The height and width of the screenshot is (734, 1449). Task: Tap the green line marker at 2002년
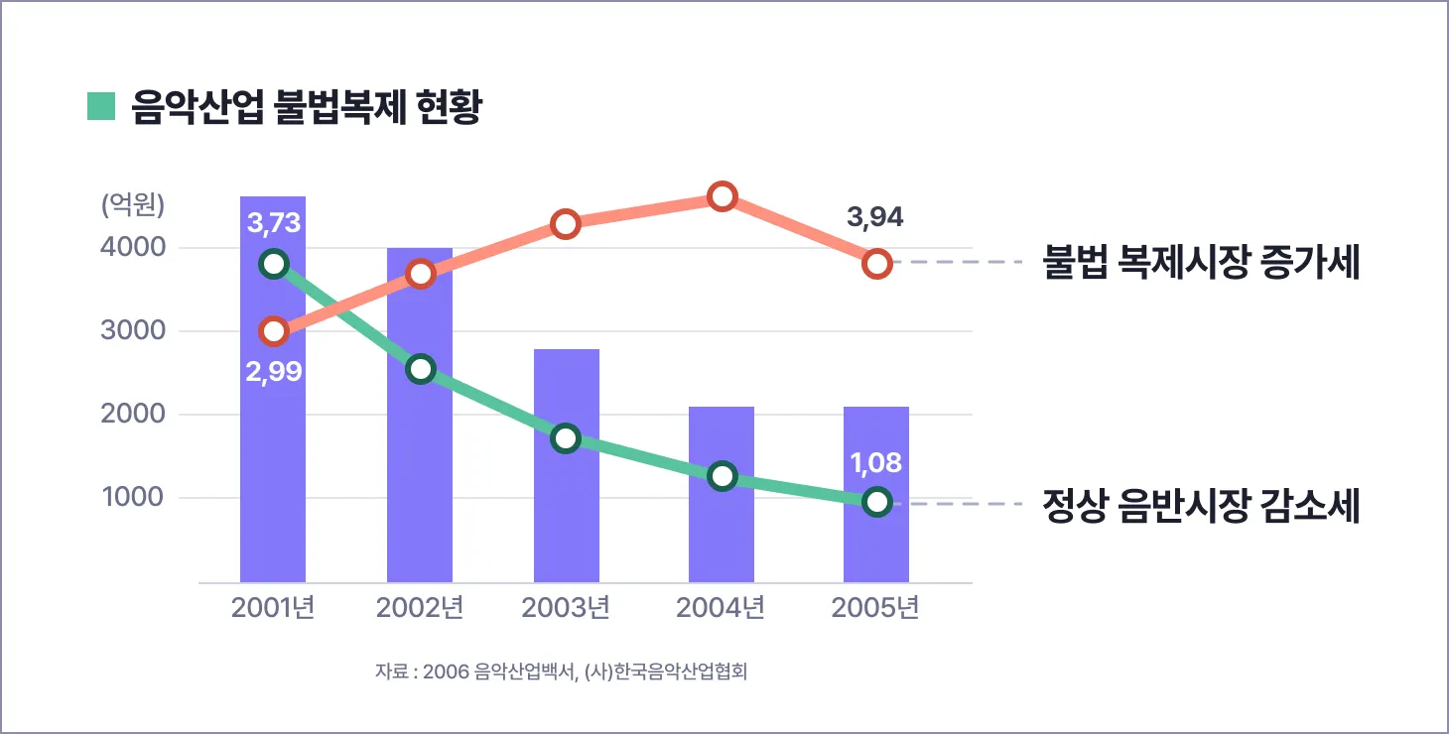[421, 369]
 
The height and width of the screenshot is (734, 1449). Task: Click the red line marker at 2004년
[723, 196]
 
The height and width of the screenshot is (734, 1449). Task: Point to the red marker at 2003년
[566, 224]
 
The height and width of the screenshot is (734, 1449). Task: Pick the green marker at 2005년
[876, 502]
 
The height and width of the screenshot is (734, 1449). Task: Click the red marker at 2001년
[274, 331]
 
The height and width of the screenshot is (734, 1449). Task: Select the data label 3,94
[875, 217]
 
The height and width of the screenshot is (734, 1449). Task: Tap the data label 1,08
[875, 463]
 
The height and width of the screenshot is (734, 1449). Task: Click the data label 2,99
[273, 372]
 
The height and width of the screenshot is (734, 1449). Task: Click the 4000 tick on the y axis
[132, 247]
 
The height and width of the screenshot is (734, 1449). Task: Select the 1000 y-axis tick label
[132, 497]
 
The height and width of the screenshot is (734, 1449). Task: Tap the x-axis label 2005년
[874, 607]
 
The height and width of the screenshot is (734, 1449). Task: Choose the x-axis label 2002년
[420, 607]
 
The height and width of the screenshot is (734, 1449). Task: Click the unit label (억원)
[133, 204]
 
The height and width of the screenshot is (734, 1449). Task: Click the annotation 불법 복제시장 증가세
[1201, 263]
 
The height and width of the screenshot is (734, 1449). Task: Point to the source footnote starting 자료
[561, 672]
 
